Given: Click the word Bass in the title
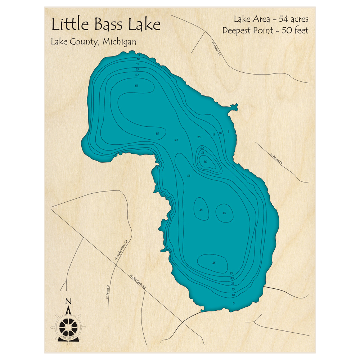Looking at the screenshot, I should [x=110, y=25].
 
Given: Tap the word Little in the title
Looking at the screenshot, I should [x=70, y=25].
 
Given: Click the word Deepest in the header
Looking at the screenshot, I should [x=237, y=31].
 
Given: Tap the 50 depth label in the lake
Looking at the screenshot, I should [x=205, y=162].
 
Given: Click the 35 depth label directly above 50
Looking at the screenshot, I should [x=203, y=153].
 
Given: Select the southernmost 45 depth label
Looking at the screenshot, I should [x=214, y=263].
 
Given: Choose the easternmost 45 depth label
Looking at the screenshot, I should [x=224, y=213].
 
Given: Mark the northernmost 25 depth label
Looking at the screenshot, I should [x=137, y=69].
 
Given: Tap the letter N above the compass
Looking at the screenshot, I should [x=68, y=302].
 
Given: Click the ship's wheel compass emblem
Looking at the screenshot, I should [x=68, y=326].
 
